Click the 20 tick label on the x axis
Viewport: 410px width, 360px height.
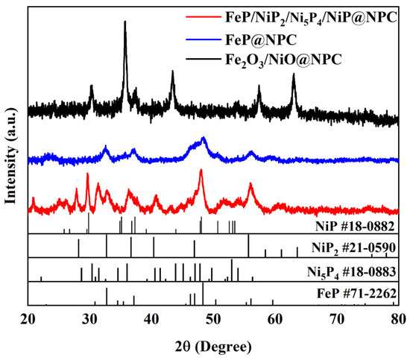coord(28,318)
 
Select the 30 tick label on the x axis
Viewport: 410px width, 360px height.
coord(90,318)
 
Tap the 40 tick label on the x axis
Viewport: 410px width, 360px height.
coord(152,318)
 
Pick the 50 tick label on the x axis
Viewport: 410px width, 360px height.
coord(214,318)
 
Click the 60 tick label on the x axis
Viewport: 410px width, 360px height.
coord(275,318)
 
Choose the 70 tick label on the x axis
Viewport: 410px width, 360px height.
coord(337,318)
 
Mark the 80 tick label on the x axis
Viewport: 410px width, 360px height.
coord(398,318)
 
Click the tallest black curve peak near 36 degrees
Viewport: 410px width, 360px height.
coord(124,22)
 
